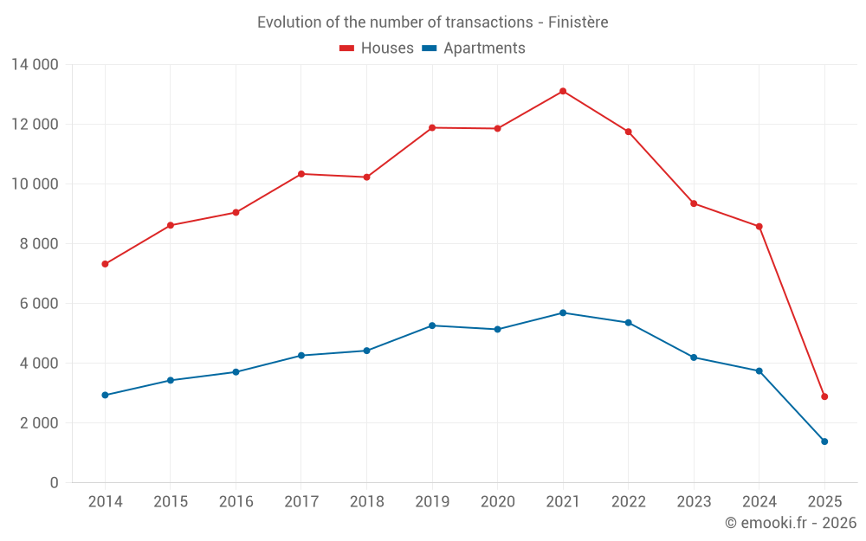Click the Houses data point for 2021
[x=563, y=91]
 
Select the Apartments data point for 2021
[x=563, y=312]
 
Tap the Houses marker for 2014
[x=105, y=264]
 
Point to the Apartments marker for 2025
[x=824, y=441]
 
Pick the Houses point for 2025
[x=824, y=396]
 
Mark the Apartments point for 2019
[x=432, y=325]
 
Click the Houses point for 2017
[x=301, y=174]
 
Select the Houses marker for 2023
[x=694, y=203]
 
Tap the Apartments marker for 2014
[x=105, y=395]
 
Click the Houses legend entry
[x=377, y=48]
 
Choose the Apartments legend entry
[x=474, y=48]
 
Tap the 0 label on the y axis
[x=54, y=483]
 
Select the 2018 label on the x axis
[x=366, y=502]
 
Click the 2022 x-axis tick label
[x=628, y=502]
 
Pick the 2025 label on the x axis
[x=824, y=502]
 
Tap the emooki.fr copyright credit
[x=791, y=523]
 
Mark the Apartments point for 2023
[x=694, y=357]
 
